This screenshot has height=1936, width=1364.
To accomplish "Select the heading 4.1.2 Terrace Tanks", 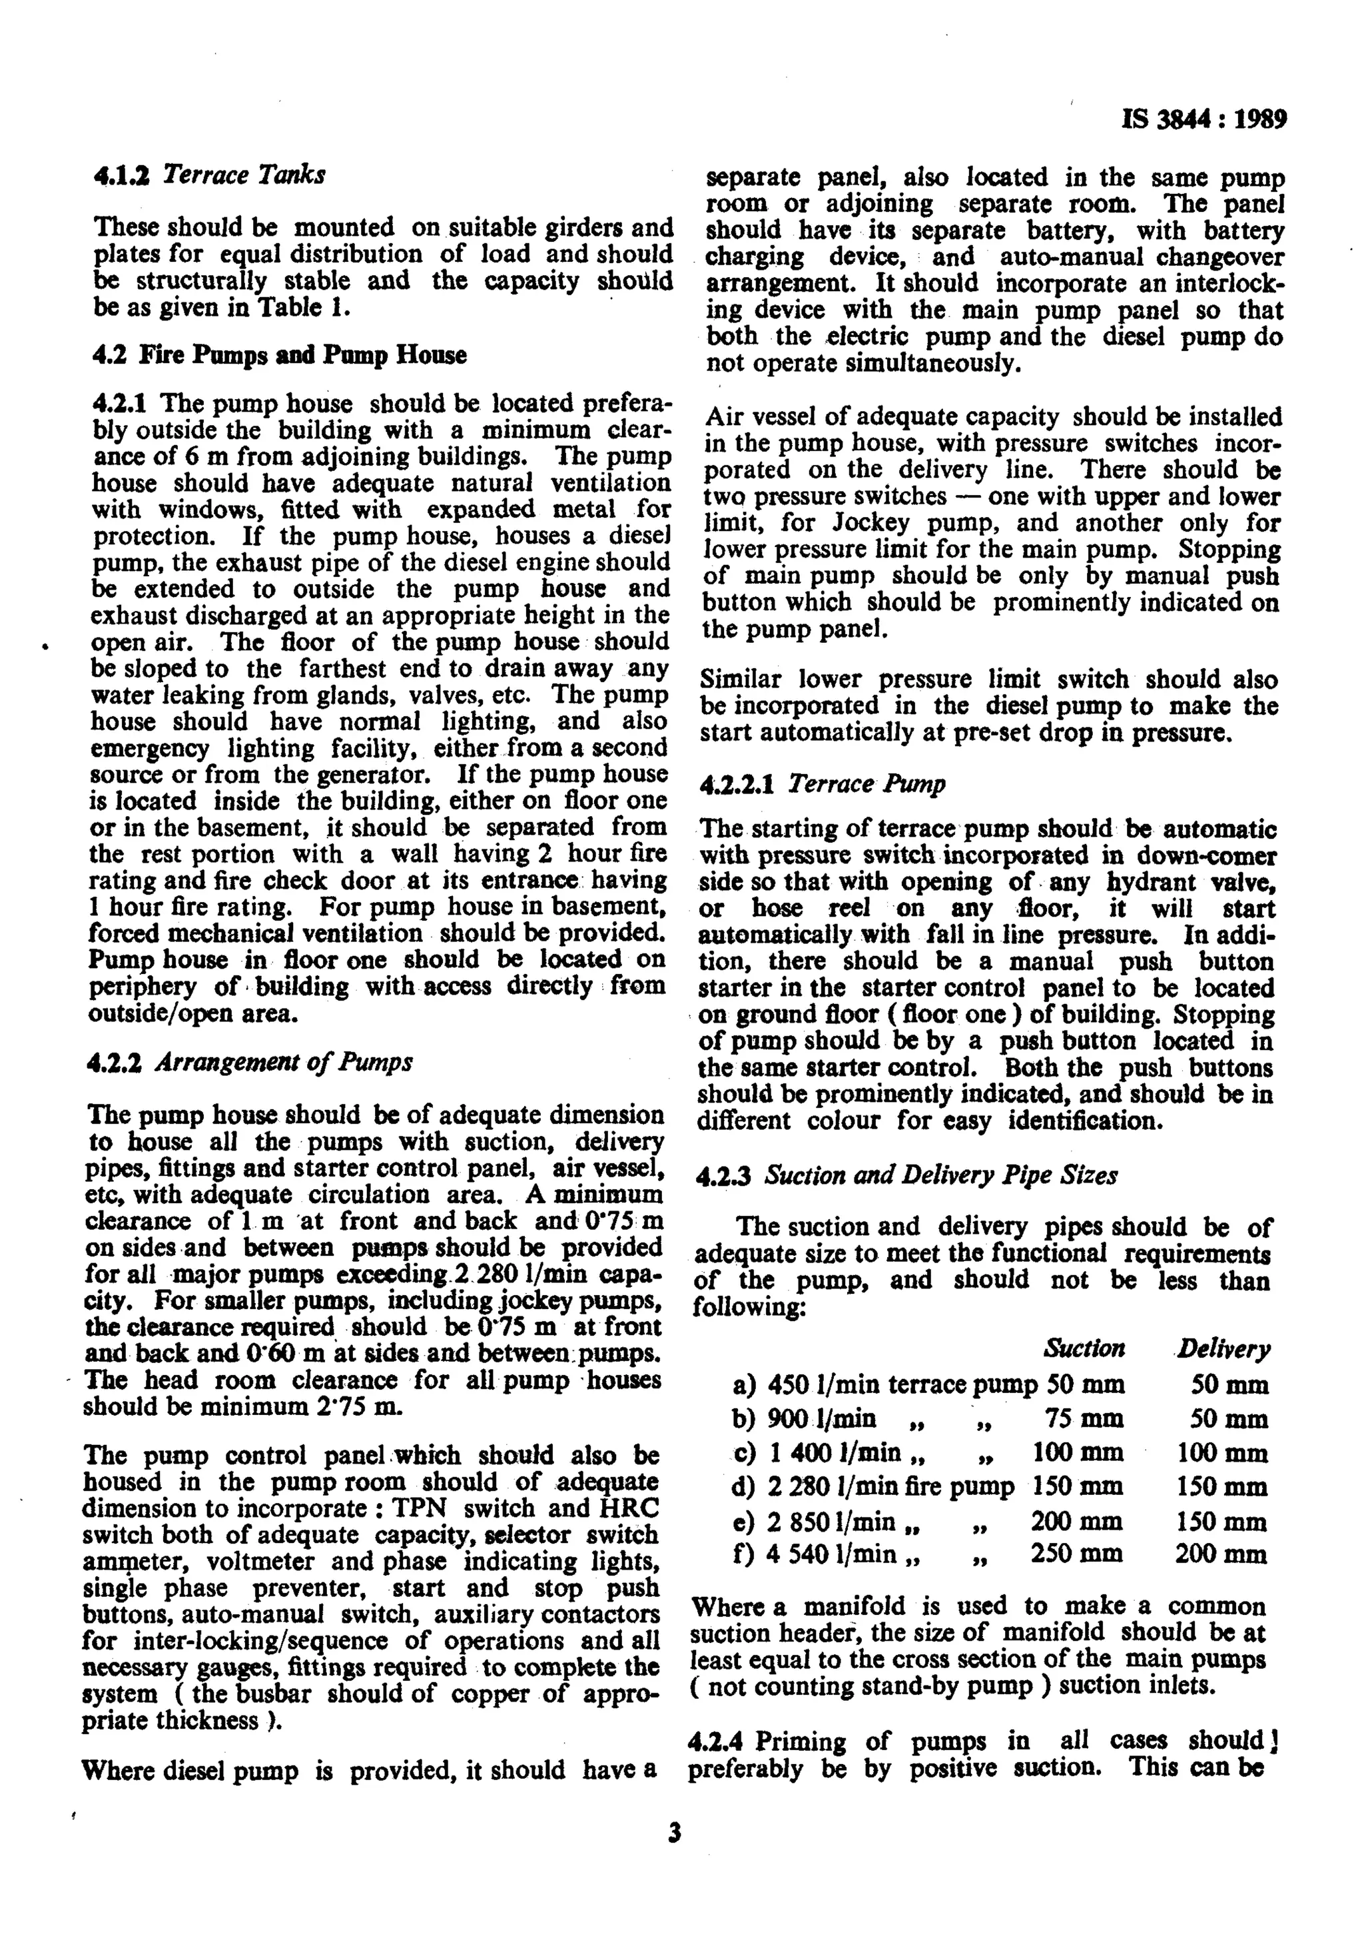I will tap(208, 175).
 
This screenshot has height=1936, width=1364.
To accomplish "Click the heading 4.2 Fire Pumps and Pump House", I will tap(279, 355).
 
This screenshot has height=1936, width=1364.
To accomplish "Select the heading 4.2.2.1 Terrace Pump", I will tap(822, 784).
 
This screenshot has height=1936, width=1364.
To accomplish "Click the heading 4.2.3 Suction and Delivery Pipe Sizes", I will tap(906, 1175).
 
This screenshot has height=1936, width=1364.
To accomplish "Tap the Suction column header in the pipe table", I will tap(1084, 1348).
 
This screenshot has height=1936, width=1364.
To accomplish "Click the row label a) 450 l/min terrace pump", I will tap(885, 1384).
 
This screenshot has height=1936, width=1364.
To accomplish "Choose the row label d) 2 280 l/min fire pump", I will tap(873, 1486).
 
